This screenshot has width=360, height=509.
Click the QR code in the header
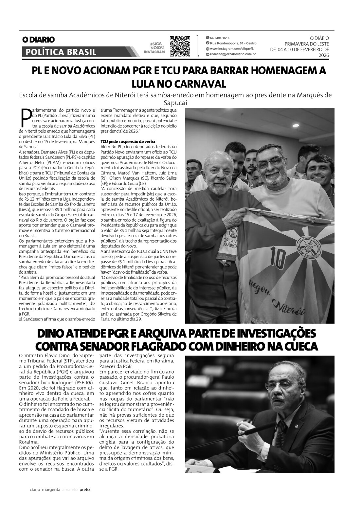pos(180,46)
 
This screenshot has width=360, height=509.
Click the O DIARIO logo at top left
pos(38,40)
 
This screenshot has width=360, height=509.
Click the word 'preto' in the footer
pos(85,490)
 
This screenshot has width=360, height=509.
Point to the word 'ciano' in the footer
pos(35,490)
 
